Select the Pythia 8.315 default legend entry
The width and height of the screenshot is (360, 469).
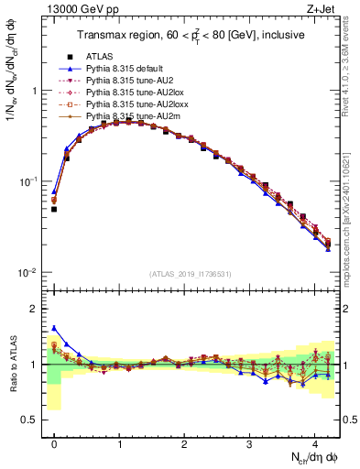pyautogui.click(x=125, y=68)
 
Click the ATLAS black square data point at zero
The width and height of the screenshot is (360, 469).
pyautogui.click(x=54, y=209)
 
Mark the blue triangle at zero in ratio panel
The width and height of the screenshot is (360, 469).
pyautogui.click(x=54, y=328)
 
